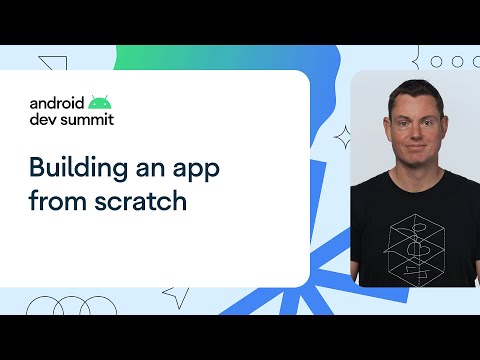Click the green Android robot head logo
pyautogui.click(x=99, y=101)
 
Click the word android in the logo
pyautogui.click(x=56, y=103)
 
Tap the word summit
pyautogui.click(x=87, y=119)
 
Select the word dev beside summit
pyautogui.click(x=43, y=119)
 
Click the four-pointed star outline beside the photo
pyautogui.click(x=343, y=135)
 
